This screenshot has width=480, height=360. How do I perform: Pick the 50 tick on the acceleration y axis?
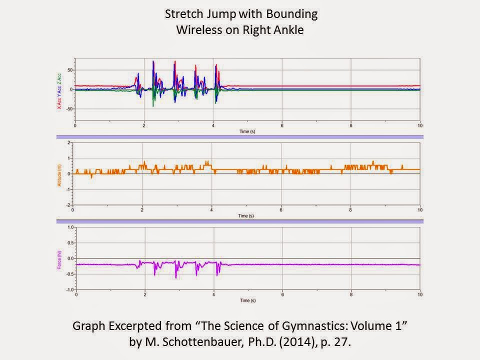(x=70, y=70)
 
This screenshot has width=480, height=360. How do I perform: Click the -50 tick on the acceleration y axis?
(x=69, y=108)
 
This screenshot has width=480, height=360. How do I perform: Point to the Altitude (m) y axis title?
(x=59, y=173)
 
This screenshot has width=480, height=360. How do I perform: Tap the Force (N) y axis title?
(x=59, y=258)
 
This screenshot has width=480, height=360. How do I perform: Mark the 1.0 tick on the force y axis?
(x=70, y=227)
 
